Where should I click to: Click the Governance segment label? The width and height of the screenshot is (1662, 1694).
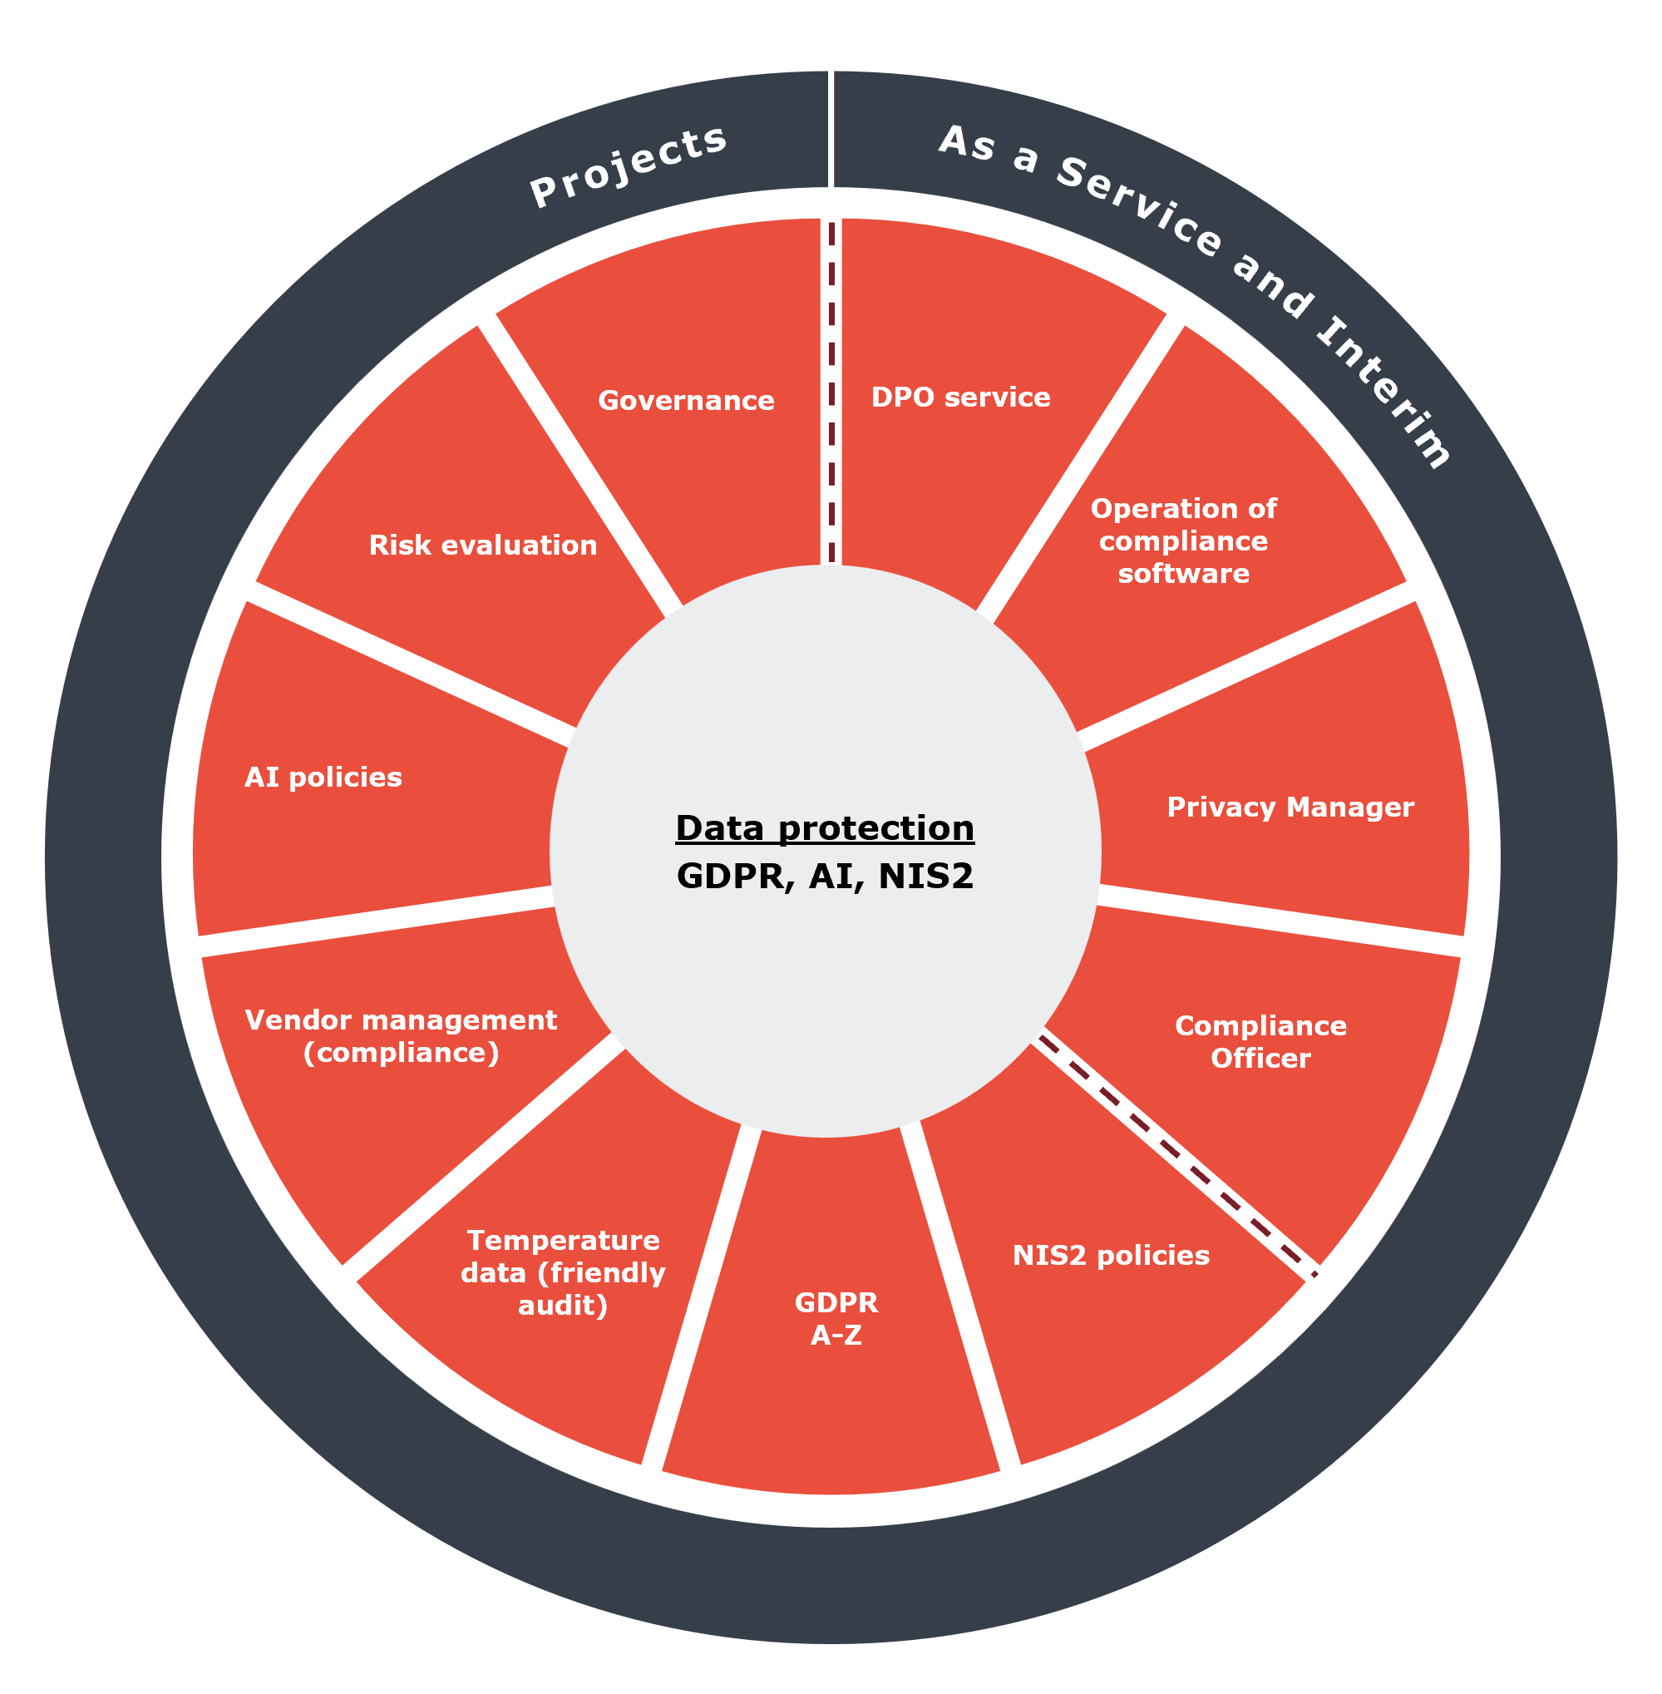click(686, 401)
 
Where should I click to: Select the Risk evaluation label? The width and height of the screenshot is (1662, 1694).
click(483, 545)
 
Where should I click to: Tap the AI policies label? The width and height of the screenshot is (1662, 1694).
click(323, 777)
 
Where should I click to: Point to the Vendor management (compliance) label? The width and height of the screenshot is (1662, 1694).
click(401, 1035)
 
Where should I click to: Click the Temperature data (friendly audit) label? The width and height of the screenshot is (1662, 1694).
click(563, 1272)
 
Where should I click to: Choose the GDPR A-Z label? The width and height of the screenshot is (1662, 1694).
click(836, 1319)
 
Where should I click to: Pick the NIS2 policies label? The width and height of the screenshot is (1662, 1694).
click(1112, 1256)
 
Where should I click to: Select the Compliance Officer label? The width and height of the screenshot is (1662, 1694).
click(1260, 1042)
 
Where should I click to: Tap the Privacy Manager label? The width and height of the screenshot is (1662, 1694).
click(1290, 807)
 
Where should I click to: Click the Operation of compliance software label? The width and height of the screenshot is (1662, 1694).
click(1184, 541)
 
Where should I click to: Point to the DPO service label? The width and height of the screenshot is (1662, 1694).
click(961, 398)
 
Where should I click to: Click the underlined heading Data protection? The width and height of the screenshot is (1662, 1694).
click(825, 828)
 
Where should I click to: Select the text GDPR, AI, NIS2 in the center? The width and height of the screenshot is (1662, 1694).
click(825, 876)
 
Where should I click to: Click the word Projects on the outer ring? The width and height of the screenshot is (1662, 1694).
click(629, 166)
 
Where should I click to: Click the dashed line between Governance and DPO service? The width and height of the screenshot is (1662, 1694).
click(832, 393)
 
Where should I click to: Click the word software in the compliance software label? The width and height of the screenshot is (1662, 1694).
click(1184, 574)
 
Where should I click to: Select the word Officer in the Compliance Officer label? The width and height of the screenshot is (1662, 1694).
click(1260, 1059)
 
